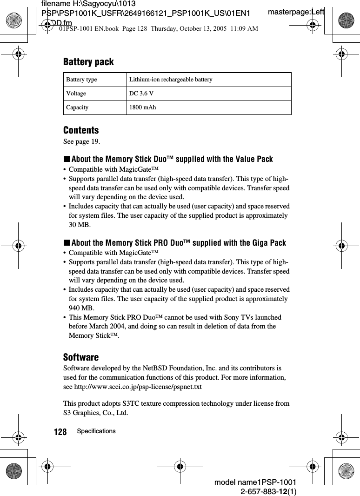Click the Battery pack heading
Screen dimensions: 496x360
(88, 62)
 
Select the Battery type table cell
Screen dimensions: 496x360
(81, 80)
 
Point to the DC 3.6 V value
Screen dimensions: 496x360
(141, 94)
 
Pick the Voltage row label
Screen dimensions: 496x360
(76, 94)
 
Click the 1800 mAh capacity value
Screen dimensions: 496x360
(142, 107)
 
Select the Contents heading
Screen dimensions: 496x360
(81, 130)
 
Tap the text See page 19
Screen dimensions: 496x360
(81, 141)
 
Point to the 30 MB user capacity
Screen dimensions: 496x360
(78, 225)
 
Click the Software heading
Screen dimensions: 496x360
(81, 357)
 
